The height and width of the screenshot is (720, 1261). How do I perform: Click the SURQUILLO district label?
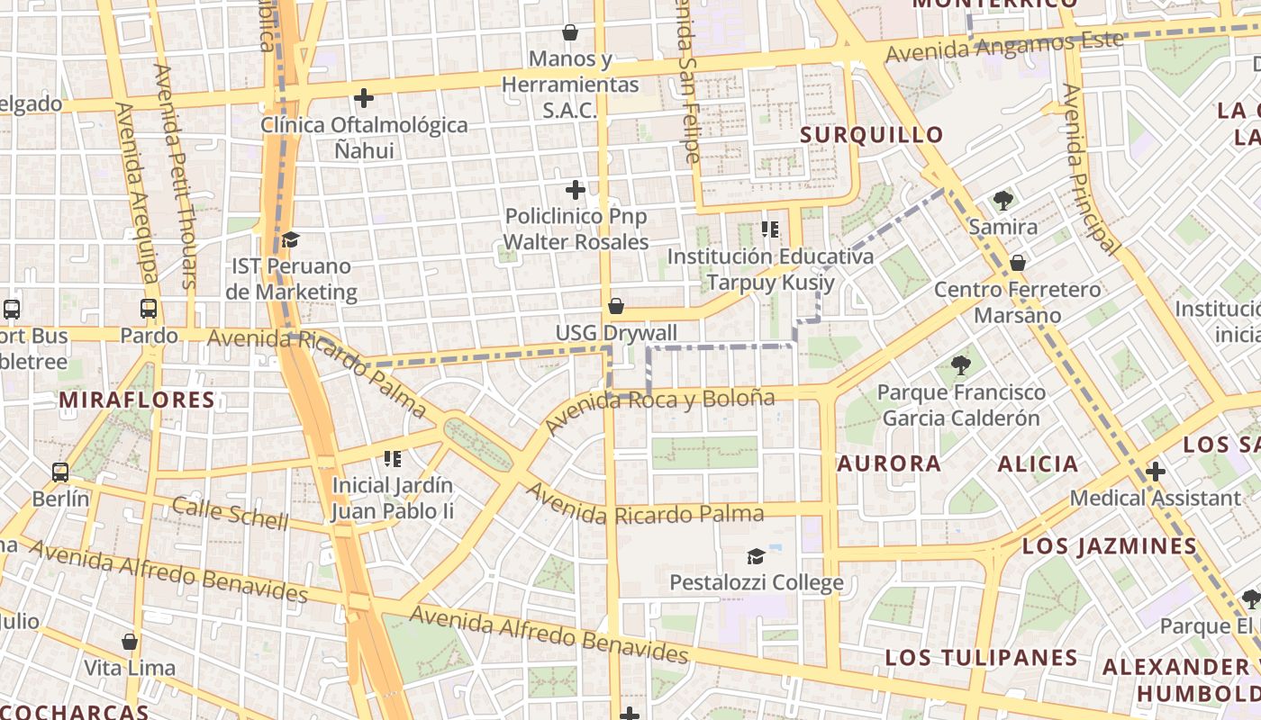point(871,135)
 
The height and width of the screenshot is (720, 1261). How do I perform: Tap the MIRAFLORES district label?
point(137,400)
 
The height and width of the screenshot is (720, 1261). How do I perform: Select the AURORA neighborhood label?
point(889,463)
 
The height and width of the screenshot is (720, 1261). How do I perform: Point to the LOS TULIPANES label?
point(981,657)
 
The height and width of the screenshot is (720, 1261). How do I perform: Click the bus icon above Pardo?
point(149,309)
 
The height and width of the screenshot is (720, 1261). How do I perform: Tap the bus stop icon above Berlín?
point(60,472)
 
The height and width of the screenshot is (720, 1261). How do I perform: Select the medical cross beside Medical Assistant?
point(1155,471)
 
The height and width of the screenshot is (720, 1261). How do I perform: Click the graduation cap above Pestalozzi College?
point(756,556)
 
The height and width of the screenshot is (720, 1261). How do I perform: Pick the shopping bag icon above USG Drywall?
point(616,306)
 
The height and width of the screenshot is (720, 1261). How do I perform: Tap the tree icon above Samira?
point(1002,200)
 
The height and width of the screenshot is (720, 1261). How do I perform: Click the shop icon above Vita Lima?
point(130,642)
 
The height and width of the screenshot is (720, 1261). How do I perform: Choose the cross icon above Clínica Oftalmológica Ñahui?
point(364,97)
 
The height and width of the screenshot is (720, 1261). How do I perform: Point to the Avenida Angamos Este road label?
point(1004,46)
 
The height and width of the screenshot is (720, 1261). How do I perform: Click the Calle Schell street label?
point(230,512)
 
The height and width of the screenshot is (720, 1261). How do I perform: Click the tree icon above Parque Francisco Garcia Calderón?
point(961,365)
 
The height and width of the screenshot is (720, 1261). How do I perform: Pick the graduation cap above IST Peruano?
point(290,239)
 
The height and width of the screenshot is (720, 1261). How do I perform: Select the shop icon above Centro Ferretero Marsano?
point(1017,263)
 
